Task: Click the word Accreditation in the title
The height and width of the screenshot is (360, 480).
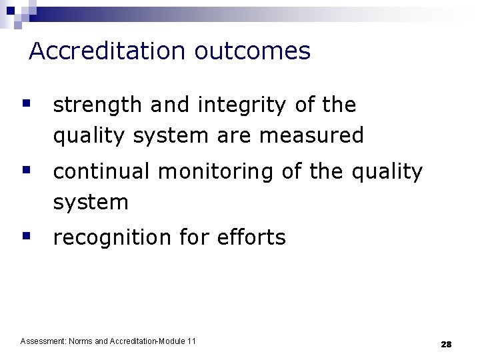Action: pos(109,51)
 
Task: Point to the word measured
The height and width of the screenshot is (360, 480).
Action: pos(311,136)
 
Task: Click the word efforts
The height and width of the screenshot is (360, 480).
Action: pos(251,237)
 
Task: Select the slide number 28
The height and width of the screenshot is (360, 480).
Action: pos(446,344)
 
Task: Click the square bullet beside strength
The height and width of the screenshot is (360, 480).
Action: pos(26,103)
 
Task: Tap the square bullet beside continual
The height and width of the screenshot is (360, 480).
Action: pos(26,170)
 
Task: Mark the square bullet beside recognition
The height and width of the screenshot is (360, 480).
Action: pos(26,235)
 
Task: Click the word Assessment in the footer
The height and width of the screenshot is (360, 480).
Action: pos(43,341)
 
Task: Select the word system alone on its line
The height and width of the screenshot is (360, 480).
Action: pos(90,203)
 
